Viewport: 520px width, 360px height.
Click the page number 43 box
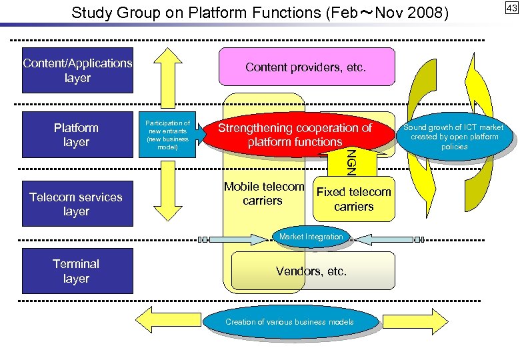[511, 8]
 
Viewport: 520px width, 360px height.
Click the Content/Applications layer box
[77, 70]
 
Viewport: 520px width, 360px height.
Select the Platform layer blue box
[77, 135]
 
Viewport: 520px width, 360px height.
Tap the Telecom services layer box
[77, 204]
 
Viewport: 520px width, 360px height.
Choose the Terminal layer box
[77, 271]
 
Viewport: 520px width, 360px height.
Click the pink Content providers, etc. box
[306, 67]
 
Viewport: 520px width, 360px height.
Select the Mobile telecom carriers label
[264, 194]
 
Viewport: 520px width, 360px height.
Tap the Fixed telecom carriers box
[353, 199]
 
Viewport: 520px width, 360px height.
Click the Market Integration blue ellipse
[311, 237]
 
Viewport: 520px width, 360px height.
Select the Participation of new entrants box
[167, 135]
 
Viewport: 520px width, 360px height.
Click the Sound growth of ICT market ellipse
[454, 137]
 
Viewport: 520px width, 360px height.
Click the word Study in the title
[89, 13]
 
